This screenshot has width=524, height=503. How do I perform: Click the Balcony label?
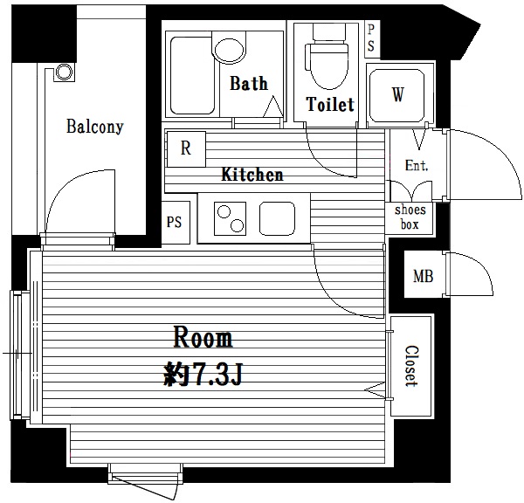[95, 127]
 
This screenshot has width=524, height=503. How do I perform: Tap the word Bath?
[249, 83]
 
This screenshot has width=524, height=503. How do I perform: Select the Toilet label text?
[330, 104]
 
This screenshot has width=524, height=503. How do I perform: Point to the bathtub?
[192, 75]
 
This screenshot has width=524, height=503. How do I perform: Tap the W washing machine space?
[397, 95]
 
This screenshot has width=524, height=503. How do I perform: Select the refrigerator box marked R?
[186, 149]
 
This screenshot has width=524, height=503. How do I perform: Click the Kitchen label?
[252, 175]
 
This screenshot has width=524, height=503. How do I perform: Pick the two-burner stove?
[231, 218]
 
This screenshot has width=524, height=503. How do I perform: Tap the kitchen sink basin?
[277, 218]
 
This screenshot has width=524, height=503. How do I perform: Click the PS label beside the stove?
[174, 222]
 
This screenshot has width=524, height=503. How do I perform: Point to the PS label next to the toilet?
[371, 38]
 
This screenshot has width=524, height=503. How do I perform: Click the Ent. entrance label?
[417, 165]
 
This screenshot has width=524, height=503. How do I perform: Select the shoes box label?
[410, 217]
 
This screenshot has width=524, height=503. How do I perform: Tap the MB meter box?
[424, 276]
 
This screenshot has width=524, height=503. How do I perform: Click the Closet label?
[411, 366]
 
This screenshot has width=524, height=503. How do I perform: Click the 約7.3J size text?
[203, 375]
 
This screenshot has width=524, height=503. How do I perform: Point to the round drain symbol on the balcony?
[64, 72]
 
